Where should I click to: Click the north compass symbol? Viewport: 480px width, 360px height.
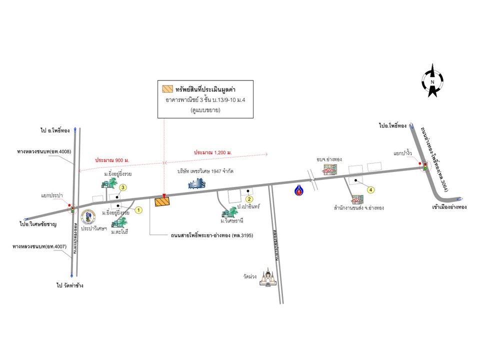432,80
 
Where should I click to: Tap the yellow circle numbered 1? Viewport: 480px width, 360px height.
139,210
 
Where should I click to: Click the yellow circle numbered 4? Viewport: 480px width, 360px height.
370,189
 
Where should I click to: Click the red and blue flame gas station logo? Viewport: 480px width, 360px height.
298,190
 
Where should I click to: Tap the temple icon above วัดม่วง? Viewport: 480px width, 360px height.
268,278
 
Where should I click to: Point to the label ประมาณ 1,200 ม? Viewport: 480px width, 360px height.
215,151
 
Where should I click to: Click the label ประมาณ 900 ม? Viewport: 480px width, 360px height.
112,159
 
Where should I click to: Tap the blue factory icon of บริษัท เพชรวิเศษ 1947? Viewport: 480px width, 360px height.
196,184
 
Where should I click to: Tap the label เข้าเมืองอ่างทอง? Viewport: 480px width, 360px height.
442,206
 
